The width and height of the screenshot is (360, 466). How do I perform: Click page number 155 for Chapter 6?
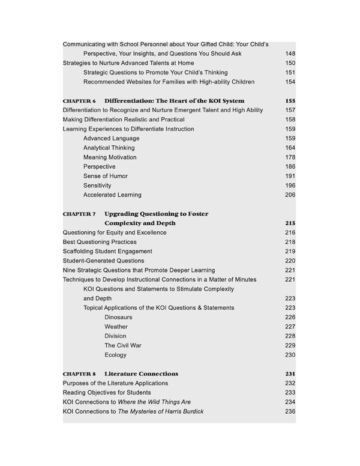(290, 101)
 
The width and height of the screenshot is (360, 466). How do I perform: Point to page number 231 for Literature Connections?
(290, 374)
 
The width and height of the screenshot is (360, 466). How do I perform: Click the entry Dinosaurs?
(118, 317)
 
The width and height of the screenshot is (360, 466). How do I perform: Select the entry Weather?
(116, 327)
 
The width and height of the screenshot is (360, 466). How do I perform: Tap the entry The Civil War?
(122, 345)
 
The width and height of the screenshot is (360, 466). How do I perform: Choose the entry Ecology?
(115, 355)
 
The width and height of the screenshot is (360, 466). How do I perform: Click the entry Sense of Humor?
(106, 176)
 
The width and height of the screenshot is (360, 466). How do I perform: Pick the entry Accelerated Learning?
(112, 195)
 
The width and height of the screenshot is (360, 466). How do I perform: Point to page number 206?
(290, 195)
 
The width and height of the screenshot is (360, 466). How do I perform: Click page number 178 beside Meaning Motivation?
(290, 157)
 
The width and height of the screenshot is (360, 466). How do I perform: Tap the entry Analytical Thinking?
(109, 148)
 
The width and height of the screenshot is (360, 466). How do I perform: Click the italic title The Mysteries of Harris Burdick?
(160, 411)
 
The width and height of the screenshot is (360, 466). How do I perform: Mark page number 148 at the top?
(290, 53)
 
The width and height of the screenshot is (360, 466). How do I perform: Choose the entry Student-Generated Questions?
(103, 261)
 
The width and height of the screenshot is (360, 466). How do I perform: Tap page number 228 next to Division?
(290, 336)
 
